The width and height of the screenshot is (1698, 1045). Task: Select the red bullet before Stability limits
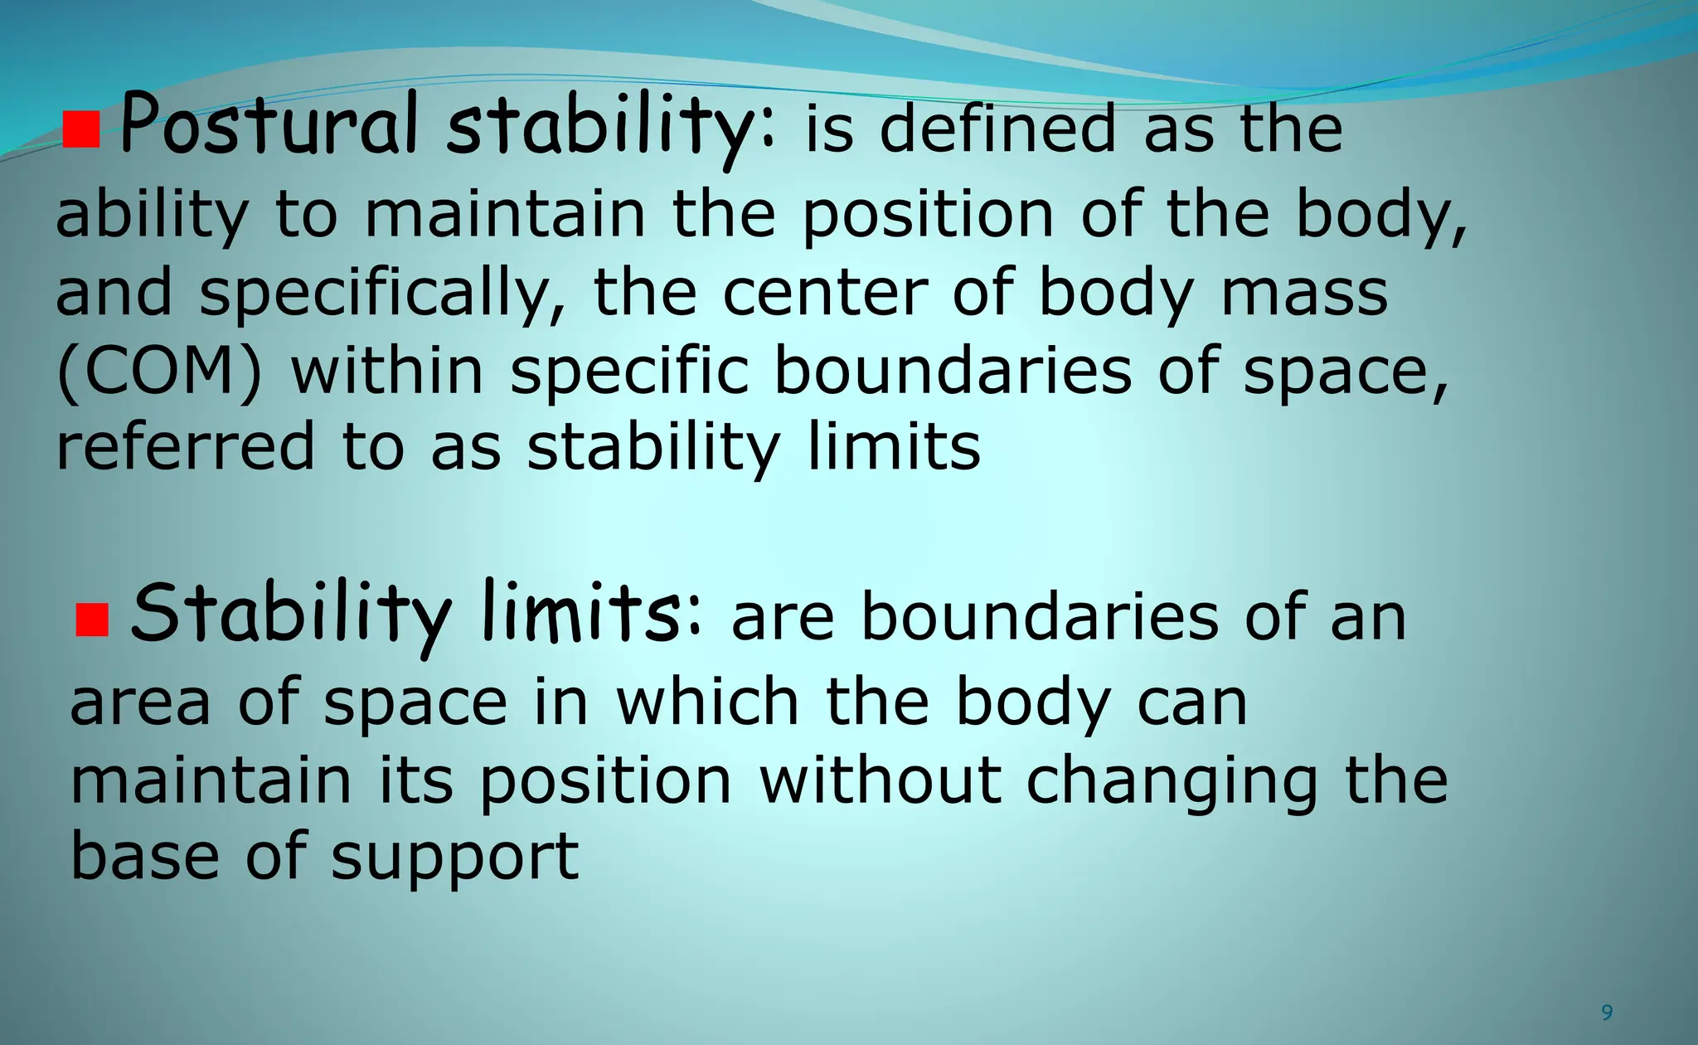tap(92, 620)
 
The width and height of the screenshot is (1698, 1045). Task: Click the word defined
tap(997, 129)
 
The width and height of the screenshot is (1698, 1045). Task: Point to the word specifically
tap(383, 294)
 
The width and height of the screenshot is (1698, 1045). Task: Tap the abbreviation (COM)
tap(158, 371)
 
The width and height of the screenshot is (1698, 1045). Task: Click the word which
tap(707, 702)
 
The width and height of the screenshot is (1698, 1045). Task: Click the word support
tap(454, 859)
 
